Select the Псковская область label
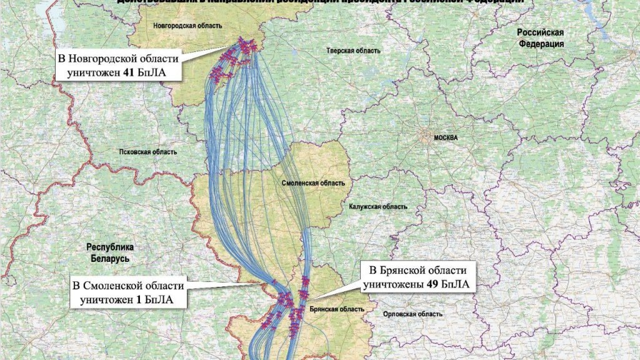pyautogui.click(x=148, y=152)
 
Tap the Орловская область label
pyautogui.click(x=404, y=314)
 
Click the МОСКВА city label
pyautogui.click(x=446, y=137)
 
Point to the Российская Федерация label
pyautogui.click(x=540, y=38)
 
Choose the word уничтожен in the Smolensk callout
pyautogui.click(x=106, y=299)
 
